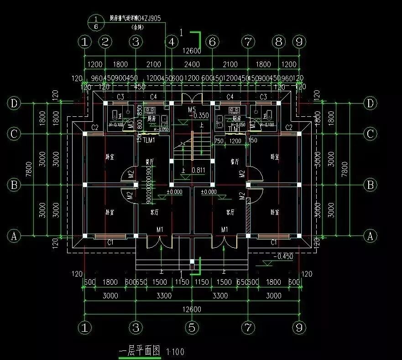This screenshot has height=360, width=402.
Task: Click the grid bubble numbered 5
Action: [192, 327]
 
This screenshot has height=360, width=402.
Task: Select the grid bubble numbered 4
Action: [172, 42]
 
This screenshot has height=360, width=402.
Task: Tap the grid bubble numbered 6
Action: [212, 42]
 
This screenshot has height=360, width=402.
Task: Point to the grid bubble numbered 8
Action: [278, 42]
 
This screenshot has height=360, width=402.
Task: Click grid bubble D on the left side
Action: [14, 104]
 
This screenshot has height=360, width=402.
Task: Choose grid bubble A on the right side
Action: [370, 236]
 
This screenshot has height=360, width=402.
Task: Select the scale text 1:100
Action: [176, 352]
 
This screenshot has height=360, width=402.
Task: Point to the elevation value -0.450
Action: [283, 256]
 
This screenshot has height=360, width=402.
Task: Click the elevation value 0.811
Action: [198, 170]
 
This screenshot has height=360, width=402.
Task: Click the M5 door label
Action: [192, 110]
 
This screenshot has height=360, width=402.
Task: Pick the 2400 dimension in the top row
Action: [192, 64]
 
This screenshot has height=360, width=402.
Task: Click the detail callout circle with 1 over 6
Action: [96, 22]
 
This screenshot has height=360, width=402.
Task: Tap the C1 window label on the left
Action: [110, 242]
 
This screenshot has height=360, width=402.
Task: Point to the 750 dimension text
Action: [219, 141]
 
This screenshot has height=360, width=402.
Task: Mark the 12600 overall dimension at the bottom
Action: [192, 309]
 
